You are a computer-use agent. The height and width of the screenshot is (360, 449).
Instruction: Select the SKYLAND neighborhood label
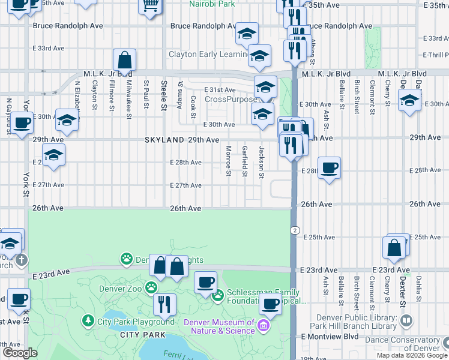tap(164, 139)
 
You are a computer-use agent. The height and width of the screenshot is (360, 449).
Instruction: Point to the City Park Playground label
tap(136, 322)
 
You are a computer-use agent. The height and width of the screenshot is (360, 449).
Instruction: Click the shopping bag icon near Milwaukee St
tap(124, 60)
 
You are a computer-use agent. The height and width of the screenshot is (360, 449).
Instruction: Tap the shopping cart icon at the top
tap(150, 6)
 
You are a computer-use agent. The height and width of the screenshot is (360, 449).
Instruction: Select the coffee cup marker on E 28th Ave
tap(328, 168)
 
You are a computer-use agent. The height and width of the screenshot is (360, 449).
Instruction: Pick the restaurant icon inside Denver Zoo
tap(164, 304)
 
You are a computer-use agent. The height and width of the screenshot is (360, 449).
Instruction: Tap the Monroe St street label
tap(229, 161)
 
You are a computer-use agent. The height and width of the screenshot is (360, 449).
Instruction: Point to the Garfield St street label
tap(245, 161)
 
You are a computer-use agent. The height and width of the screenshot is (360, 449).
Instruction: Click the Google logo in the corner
tap(19, 353)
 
